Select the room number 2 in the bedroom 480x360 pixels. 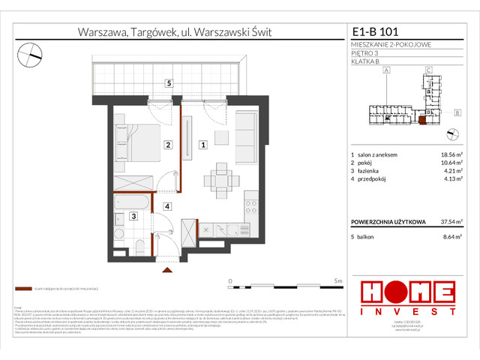[x=169, y=145]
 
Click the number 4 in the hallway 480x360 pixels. [x=169, y=206]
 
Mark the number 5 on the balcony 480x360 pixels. [x=170, y=82]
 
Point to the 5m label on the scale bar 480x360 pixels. [x=338, y=280]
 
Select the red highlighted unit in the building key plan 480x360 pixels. [x=422, y=119]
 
